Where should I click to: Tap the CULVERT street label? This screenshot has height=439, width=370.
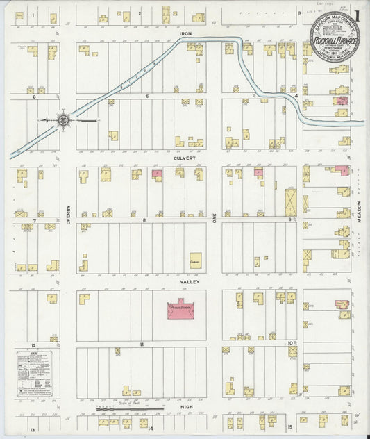coord(182,158)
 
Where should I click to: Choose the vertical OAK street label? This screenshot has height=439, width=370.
coord(215,219)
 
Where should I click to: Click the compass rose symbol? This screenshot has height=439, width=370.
coord(63,120)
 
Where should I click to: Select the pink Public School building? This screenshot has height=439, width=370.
coord(181,310)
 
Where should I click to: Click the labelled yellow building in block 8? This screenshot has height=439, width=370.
coord(195,260)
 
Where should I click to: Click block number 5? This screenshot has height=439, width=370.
coord(146,95)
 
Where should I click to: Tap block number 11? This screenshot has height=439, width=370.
coord(141,344)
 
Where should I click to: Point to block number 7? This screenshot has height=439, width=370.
coord(33,220)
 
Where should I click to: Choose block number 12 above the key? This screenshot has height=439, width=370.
coord(33,344)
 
